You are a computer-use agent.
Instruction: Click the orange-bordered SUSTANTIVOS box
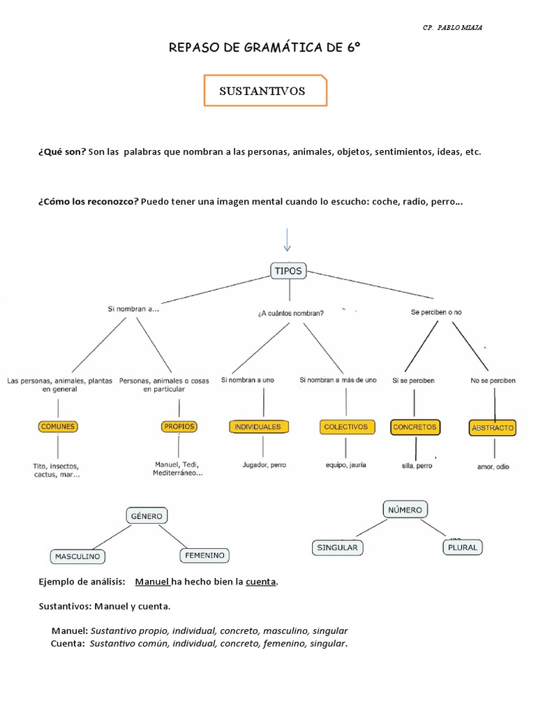tap(265, 91)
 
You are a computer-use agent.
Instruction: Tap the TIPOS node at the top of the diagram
tap(288, 272)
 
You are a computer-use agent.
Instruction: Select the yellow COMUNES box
tap(58, 426)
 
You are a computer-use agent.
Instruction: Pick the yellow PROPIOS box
tap(179, 426)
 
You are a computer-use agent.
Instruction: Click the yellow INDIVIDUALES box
tap(258, 426)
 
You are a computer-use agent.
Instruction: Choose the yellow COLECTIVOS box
tap(345, 426)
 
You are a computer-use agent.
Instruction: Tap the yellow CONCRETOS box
tap(415, 427)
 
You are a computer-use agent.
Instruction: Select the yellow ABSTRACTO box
tap(493, 427)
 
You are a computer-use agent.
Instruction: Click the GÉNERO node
tap(146, 516)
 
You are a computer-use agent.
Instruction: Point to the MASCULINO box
tap(77, 556)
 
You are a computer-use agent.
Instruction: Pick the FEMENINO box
tap(204, 555)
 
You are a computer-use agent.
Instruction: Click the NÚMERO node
tap(405, 510)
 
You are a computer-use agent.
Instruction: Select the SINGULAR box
tap(337, 547)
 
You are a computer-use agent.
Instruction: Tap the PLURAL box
tap(462, 547)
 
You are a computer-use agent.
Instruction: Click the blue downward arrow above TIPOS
tap(287, 239)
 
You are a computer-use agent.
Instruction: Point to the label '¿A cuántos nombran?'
tap(290, 313)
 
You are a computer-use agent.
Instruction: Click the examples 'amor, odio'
tap(493, 466)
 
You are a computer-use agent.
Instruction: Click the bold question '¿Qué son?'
tap(62, 152)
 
